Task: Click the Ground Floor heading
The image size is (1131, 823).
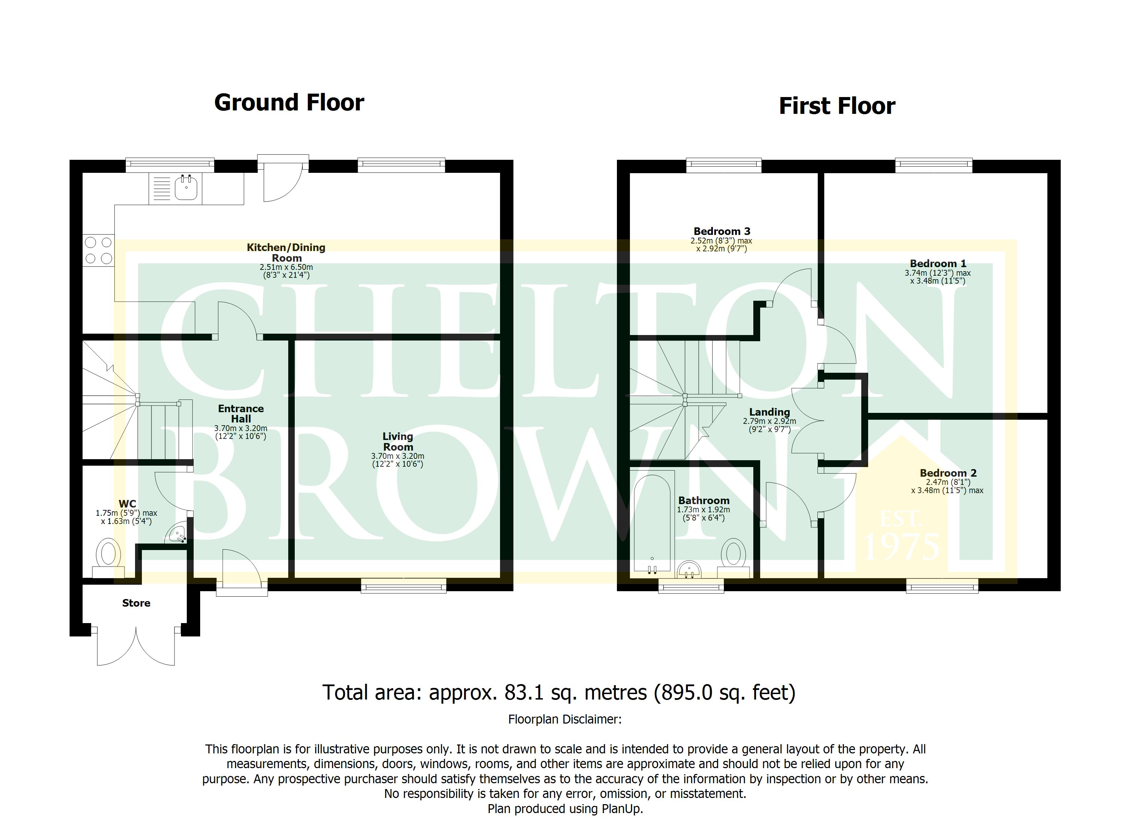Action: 289,103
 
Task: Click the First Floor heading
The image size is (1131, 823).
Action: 837,106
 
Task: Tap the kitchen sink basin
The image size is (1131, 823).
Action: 186,189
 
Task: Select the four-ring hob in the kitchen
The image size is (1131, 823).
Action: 99,250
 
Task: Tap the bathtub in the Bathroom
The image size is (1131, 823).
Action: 652,523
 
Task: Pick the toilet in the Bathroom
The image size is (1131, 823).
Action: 733,559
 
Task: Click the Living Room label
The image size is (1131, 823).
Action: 398,442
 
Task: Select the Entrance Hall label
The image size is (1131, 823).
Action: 241,414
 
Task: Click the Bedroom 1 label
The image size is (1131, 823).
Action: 938,263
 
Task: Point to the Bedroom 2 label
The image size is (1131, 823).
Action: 948,473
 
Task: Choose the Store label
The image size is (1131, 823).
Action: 136,603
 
